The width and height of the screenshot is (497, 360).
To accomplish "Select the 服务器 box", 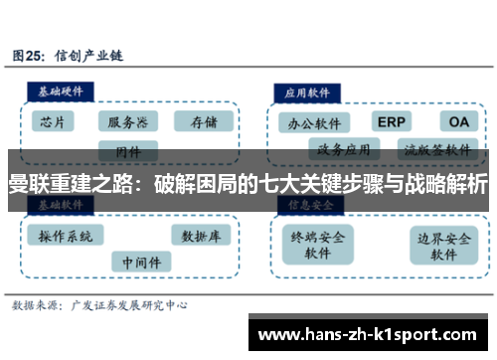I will click(127, 121).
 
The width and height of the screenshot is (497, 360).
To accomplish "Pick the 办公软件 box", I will click(314, 123).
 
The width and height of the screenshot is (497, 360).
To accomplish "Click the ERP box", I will click(391, 121).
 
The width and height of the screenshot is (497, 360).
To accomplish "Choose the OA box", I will click(458, 121).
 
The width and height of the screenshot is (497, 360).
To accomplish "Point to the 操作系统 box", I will click(66, 236).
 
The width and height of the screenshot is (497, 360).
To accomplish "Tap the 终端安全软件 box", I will click(317, 245).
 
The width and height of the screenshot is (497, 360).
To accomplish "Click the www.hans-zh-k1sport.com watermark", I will click(372, 335).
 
